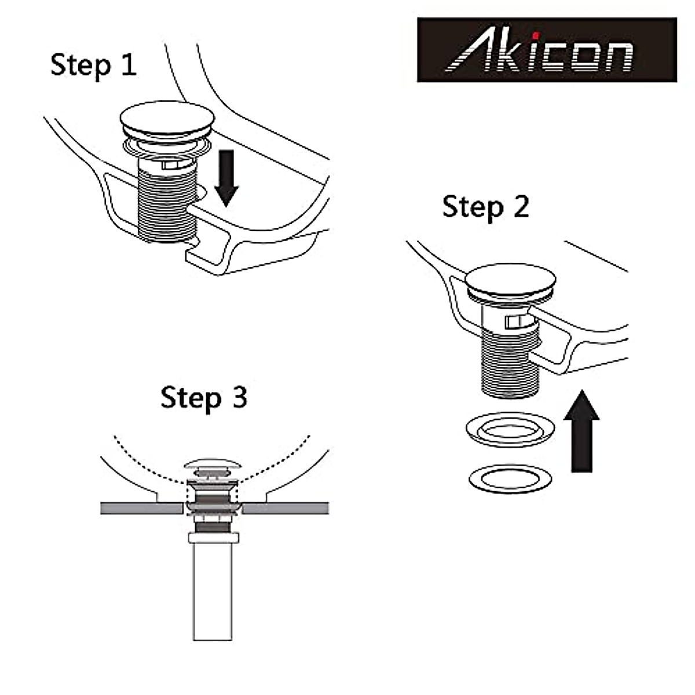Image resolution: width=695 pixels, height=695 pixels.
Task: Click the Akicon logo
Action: pyautogui.click(x=547, y=50)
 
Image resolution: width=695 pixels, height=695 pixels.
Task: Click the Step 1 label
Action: pyautogui.click(x=93, y=64)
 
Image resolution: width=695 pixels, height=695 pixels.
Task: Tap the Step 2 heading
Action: pyautogui.click(x=485, y=207)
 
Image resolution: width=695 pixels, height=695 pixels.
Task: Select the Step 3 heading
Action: pyautogui.click(x=204, y=398)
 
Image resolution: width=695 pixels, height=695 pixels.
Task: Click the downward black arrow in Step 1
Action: pyautogui.click(x=226, y=177)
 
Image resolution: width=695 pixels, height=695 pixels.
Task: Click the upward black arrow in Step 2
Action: pyautogui.click(x=581, y=431)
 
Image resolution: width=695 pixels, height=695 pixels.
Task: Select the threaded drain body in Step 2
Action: pyautogui.click(x=510, y=359)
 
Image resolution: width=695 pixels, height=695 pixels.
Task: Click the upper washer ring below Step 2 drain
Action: pyautogui.click(x=510, y=431)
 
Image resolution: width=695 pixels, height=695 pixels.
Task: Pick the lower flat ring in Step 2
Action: pyautogui.click(x=510, y=478)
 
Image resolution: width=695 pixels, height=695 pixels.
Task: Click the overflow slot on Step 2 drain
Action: pyautogui.click(x=514, y=322)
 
